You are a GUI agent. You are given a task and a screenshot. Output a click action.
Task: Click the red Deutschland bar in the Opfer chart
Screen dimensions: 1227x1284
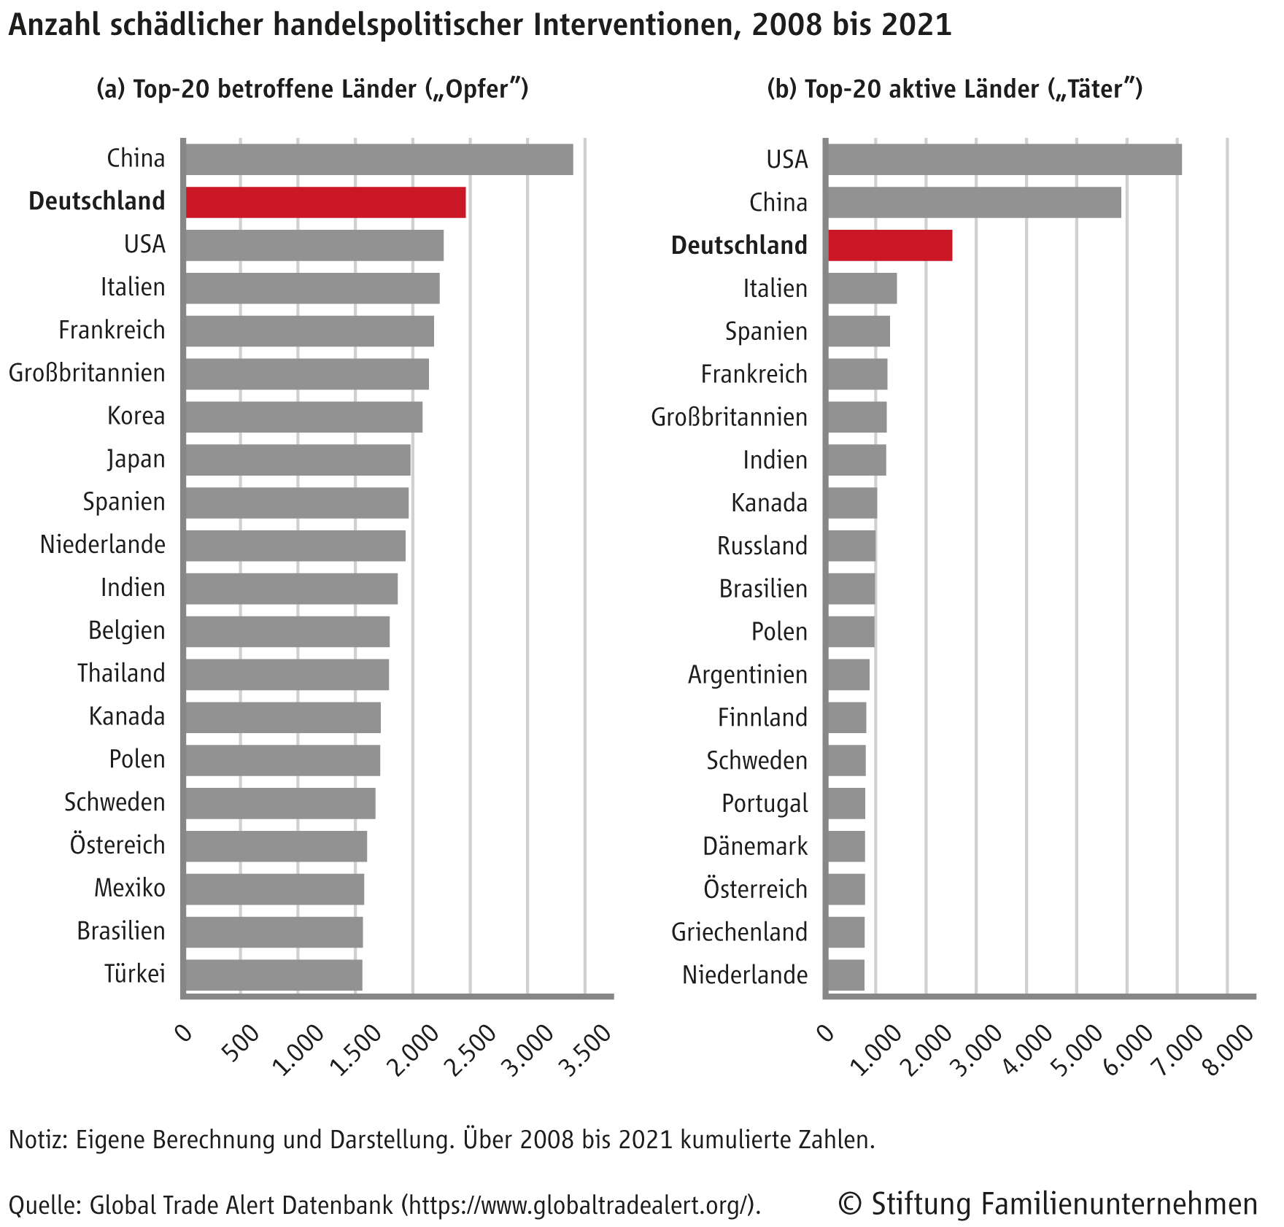coord(325,202)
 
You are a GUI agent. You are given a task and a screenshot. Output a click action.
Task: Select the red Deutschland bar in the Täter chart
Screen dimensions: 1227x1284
coord(889,245)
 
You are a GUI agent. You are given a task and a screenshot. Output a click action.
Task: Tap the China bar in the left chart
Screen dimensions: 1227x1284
coord(379,159)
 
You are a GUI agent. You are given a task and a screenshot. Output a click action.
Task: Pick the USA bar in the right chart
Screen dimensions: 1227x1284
coord(1004,159)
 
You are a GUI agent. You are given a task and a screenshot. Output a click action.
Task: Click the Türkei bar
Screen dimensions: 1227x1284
coord(274,975)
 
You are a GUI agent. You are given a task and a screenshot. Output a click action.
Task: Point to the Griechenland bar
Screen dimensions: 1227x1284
coord(846,932)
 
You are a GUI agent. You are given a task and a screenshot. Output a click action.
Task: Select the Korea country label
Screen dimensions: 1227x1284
coord(136,416)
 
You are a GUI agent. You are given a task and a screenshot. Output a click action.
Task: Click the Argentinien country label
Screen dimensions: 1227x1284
coord(748,675)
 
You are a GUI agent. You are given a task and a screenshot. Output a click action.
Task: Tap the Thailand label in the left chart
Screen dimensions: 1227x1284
coord(121,673)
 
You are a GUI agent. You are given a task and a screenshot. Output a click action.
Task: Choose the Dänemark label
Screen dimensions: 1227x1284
coord(755,846)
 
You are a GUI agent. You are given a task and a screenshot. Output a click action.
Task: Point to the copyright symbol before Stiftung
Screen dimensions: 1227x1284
coord(849,1204)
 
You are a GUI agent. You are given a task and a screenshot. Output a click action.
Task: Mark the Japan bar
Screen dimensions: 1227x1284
coord(298,460)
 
